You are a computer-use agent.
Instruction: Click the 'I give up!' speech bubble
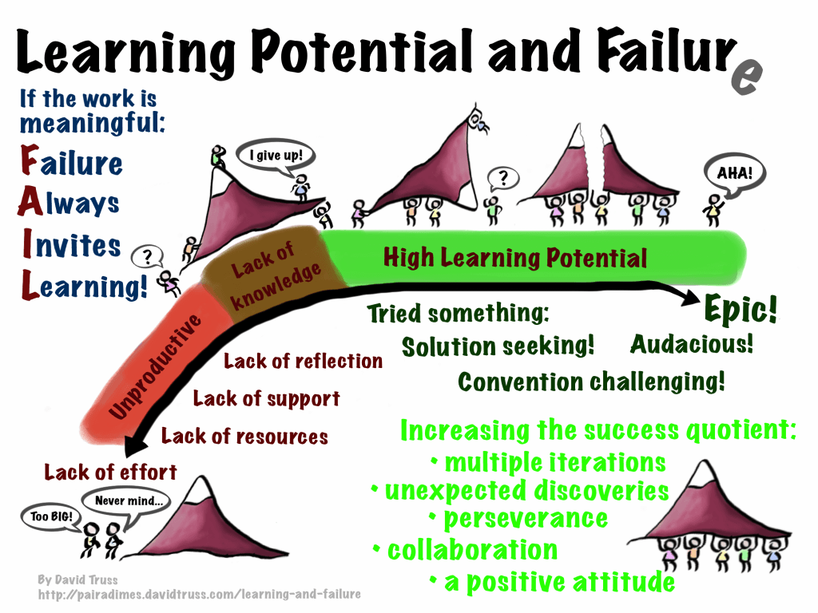(276, 156)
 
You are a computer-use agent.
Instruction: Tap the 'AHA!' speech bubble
(735, 174)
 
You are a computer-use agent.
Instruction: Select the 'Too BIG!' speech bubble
(51, 517)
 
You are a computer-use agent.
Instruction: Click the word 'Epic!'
(741, 309)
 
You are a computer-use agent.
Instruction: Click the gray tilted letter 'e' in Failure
(747, 77)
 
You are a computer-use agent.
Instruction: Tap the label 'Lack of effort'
(110, 473)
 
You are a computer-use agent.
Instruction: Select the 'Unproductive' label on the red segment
(155, 366)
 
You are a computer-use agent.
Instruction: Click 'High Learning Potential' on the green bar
(515, 258)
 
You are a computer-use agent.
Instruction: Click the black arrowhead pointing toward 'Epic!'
(689, 296)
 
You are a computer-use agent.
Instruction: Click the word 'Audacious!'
(692, 344)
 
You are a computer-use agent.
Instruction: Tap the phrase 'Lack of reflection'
(303, 361)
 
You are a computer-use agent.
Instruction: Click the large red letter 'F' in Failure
(30, 160)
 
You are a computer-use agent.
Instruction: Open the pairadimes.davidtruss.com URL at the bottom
(199, 594)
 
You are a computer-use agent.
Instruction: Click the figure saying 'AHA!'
(713, 210)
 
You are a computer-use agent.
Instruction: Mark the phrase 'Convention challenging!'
(591, 382)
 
